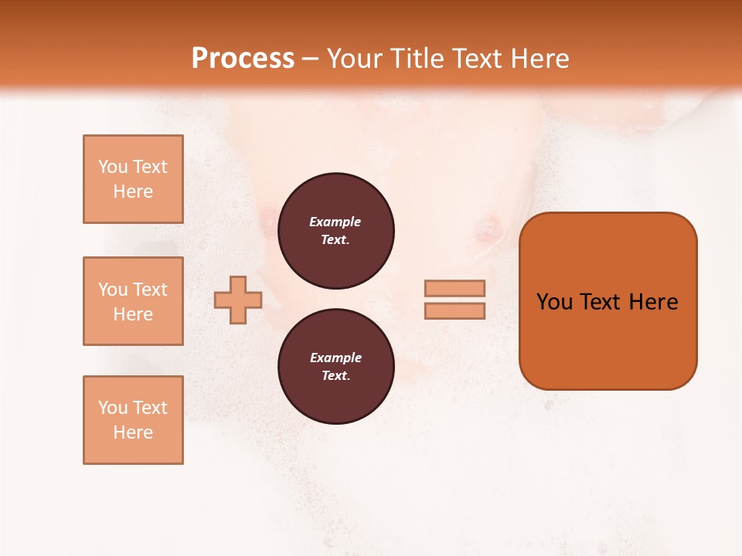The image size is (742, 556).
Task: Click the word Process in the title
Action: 243,59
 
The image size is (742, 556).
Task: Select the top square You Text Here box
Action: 133,179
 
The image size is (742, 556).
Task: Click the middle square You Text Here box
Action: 133,301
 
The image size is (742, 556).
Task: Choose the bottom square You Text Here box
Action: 133,420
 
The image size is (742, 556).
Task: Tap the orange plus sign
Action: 238,300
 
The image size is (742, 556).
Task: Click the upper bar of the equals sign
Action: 454,288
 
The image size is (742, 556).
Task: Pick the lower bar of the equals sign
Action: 454,310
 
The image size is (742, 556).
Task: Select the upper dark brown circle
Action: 335,231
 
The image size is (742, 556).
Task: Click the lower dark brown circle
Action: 335,367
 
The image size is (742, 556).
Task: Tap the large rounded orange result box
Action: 608,300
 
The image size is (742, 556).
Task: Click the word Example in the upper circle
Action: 335,222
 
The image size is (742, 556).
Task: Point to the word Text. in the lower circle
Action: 335,376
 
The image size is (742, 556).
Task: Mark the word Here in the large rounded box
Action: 653,302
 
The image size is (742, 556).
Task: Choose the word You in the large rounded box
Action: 554,302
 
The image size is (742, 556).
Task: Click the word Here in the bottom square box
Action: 133,432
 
